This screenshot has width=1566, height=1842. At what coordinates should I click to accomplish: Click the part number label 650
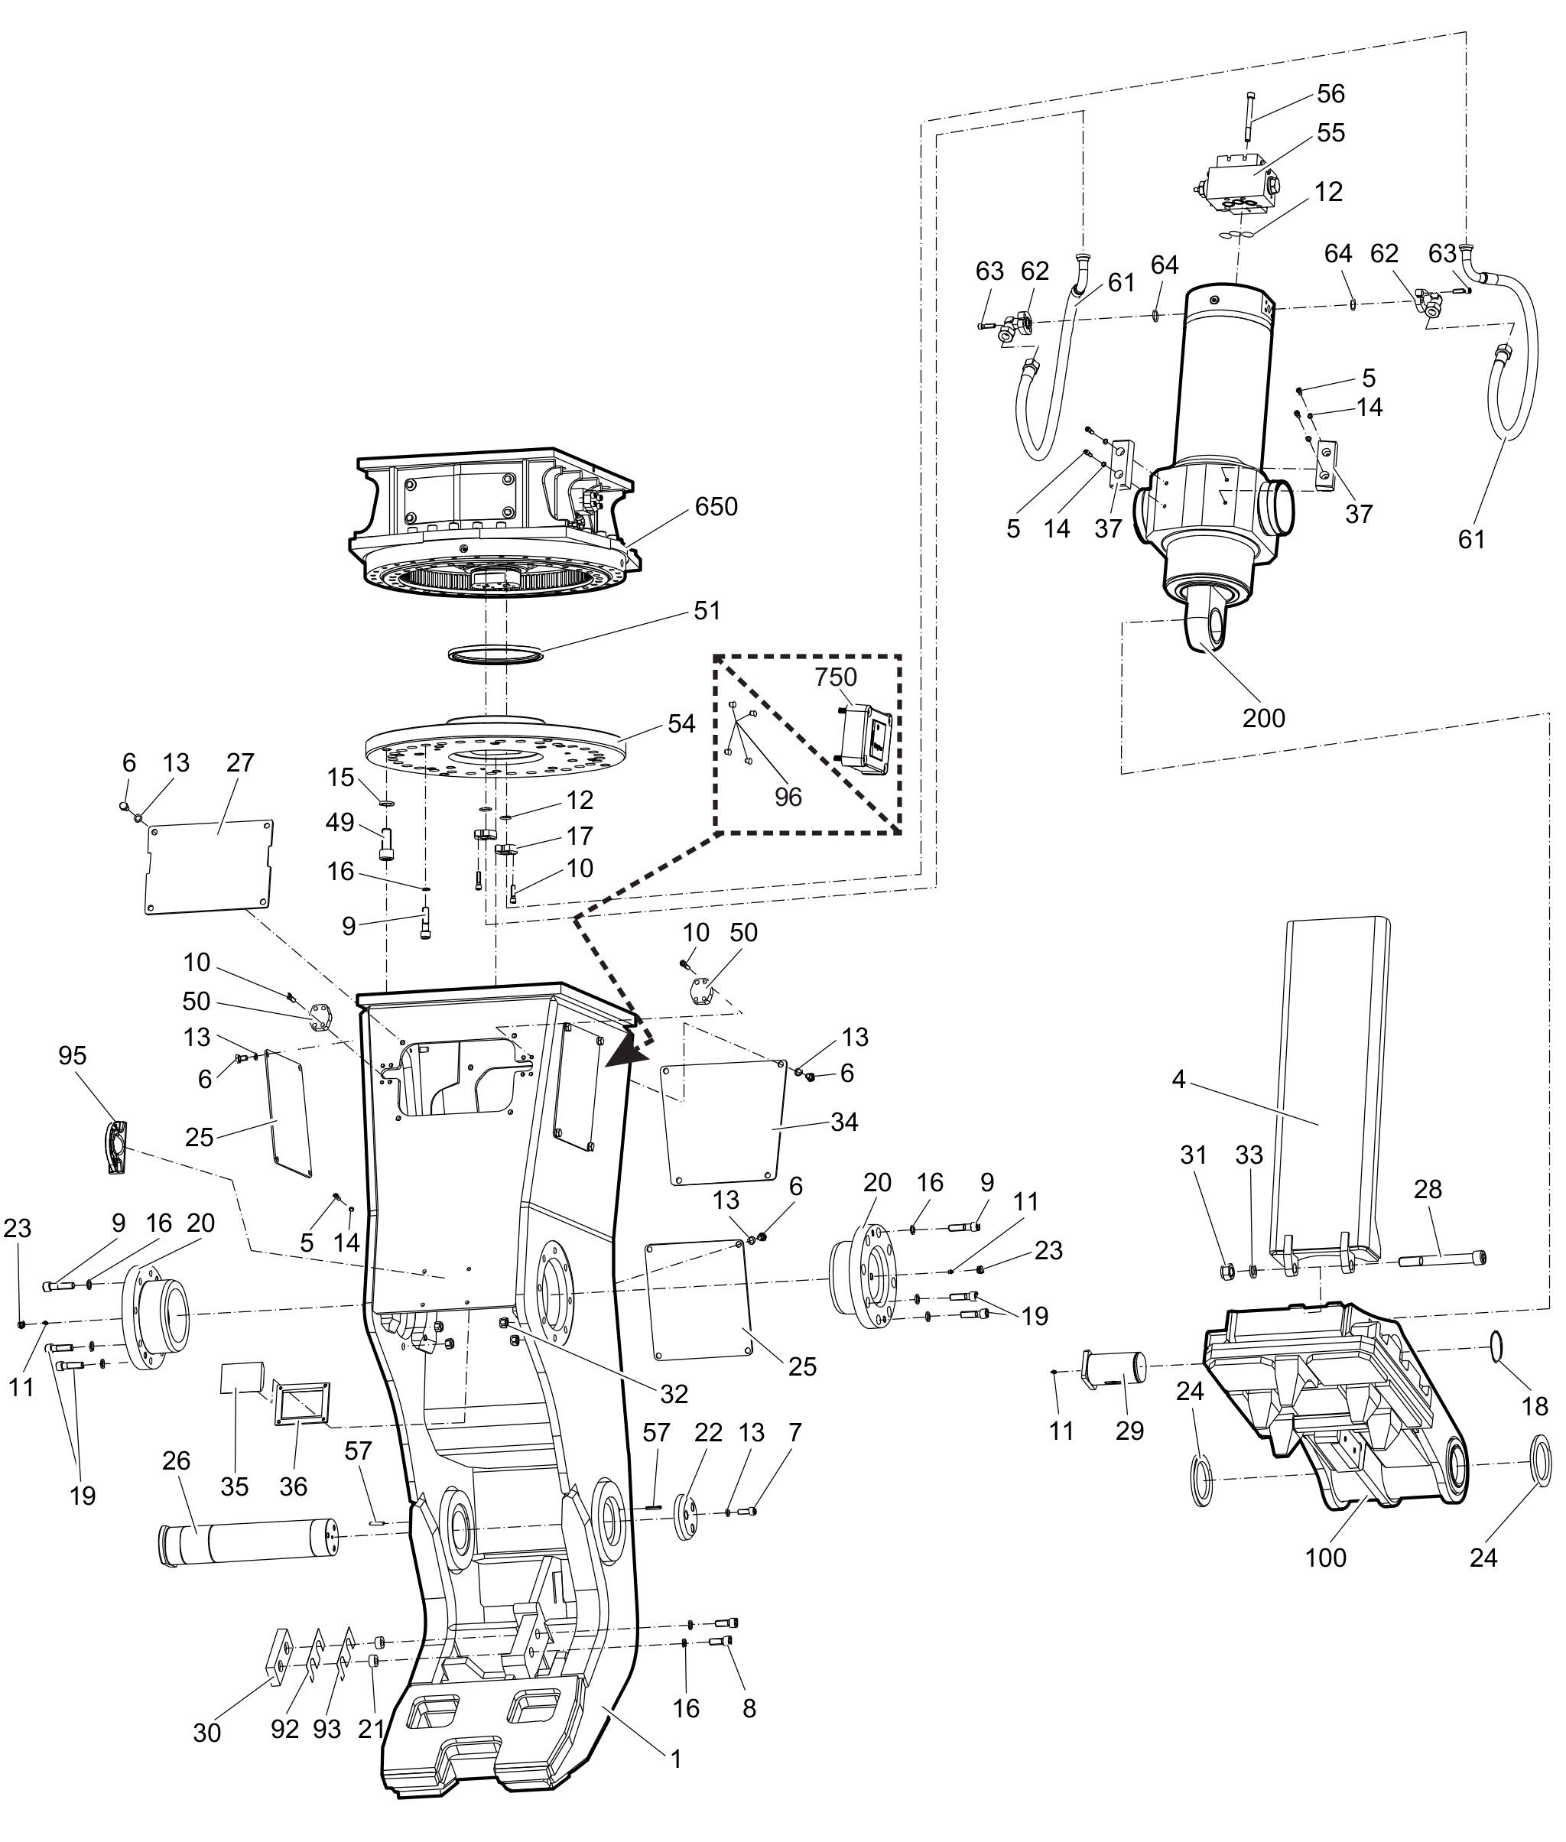(x=716, y=507)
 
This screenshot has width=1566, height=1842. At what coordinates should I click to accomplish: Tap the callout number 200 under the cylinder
(x=1263, y=717)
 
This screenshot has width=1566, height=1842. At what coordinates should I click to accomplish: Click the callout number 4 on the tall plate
(x=1179, y=1080)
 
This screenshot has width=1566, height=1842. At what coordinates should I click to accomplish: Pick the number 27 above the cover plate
(x=239, y=762)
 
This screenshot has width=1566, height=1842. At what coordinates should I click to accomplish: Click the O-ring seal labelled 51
(x=495, y=655)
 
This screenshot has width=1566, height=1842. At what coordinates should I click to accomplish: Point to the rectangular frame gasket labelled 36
(x=302, y=1405)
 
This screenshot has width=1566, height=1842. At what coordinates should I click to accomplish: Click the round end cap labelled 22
(x=684, y=1518)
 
